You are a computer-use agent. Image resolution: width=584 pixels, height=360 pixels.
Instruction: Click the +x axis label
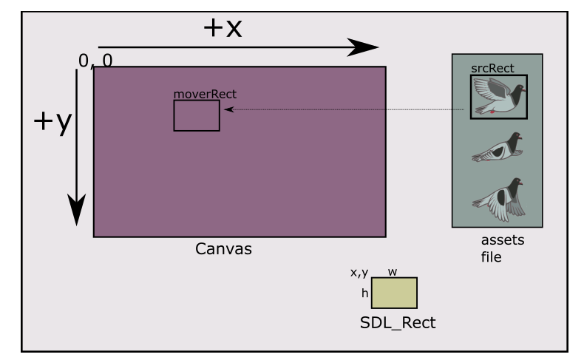tap(222, 27)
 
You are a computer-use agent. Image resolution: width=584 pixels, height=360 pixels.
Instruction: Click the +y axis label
tap(52, 123)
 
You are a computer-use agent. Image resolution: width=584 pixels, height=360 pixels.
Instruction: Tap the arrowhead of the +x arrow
tap(364, 47)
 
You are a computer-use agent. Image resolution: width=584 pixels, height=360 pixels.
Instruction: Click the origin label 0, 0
tap(95, 61)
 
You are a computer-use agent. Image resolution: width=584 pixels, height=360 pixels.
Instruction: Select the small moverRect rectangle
tap(197, 116)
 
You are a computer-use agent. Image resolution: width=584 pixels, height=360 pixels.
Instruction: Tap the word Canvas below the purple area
tap(223, 249)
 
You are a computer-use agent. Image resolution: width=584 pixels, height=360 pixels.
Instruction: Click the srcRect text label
tap(492, 69)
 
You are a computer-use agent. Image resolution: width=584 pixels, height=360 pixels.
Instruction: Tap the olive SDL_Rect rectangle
tap(394, 293)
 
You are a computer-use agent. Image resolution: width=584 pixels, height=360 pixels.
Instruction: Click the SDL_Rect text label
tap(397, 323)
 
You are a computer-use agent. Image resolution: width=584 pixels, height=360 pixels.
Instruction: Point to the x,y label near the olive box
tap(359, 273)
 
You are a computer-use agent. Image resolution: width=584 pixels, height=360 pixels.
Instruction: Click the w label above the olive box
tap(393, 272)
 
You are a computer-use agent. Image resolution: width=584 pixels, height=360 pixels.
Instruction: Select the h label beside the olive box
tap(364, 293)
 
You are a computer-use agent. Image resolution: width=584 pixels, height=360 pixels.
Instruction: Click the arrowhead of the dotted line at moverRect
tap(228, 109)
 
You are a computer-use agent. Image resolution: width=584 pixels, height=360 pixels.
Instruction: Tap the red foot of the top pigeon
tap(492, 112)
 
